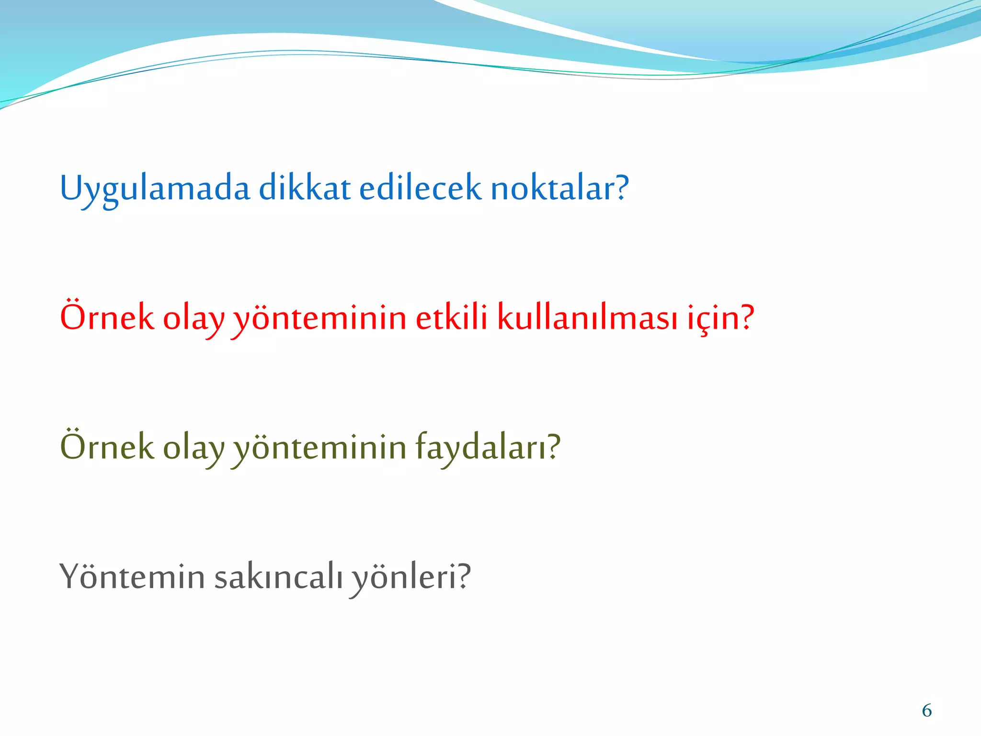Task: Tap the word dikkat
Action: [x=305, y=188]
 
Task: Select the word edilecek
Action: [x=420, y=188]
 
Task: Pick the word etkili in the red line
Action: [x=451, y=317]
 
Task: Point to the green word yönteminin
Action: [x=319, y=447]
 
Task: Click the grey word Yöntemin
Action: [x=132, y=576]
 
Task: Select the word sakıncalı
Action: [x=278, y=576]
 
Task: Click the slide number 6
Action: [x=927, y=711]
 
